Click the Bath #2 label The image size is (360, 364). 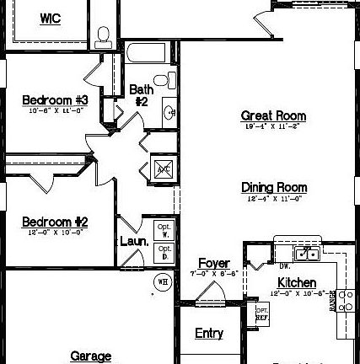point(141,95)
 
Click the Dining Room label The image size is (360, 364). point(273,187)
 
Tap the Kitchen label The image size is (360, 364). point(297,283)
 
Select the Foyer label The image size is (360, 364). point(213,264)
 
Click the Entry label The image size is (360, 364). point(209,334)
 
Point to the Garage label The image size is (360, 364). point(90,356)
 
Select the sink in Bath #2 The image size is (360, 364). point(168,111)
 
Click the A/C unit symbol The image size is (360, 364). point(163,169)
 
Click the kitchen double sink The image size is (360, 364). point(305,254)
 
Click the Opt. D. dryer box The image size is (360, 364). point(164,252)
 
